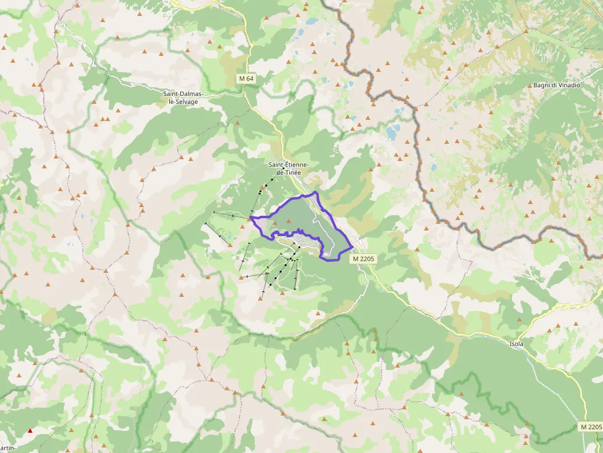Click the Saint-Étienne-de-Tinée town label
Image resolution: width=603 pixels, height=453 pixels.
point(289,168)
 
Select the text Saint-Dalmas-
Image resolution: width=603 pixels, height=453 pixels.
point(183,93)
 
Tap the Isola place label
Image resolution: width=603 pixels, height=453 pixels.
point(516,344)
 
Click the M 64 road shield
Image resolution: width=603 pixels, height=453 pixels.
point(246,79)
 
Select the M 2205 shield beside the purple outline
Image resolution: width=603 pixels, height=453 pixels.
point(364,259)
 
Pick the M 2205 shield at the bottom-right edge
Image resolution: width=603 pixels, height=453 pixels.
point(590,427)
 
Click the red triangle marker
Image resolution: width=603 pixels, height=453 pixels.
point(30,430)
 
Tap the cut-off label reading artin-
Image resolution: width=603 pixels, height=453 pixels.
point(7,449)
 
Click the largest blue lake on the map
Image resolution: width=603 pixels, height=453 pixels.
point(392,131)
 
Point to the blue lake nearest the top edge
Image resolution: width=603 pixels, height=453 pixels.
point(312,22)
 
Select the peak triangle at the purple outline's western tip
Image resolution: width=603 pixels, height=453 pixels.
point(250,216)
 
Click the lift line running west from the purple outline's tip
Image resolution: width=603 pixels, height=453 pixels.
point(231,215)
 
